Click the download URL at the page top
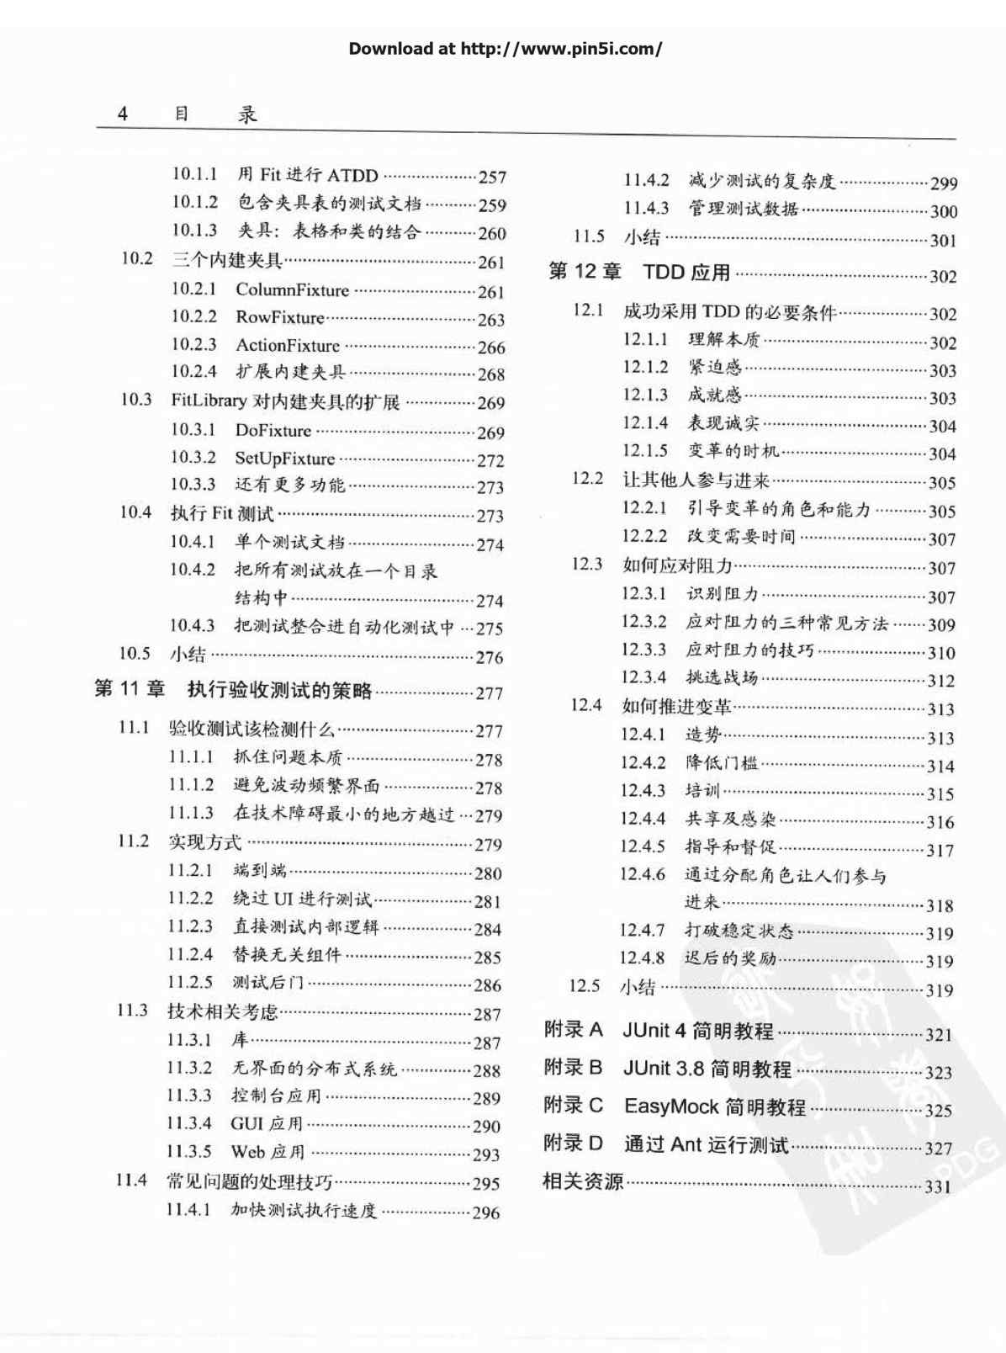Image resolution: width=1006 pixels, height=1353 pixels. pyautogui.click(x=561, y=49)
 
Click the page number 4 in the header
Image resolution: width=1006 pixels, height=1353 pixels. pyautogui.click(x=123, y=114)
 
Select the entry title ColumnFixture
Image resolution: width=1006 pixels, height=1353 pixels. pyautogui.click(x=292, y=290)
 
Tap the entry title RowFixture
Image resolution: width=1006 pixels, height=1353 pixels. pyautogui.click(x=279, y=318)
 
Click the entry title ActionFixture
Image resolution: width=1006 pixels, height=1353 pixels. pyautogui.click(x=288, y=346)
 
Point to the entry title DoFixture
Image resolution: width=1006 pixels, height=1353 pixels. pyautogui.click(x=273, y=431)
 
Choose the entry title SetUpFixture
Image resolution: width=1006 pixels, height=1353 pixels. pyautogui.click(x=284, y=459)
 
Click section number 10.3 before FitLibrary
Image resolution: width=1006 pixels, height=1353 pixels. pyautogui.click(x=135, y=400)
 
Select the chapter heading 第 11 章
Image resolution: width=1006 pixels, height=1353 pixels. pyautogui.click(x=130, y=690)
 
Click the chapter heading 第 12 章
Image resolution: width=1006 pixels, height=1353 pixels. pyautogui.click(x=585, y=272)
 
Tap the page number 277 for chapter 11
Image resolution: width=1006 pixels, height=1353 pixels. pyautogui.click(x=489, y=693)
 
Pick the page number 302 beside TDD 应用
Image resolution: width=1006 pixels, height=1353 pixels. pyautogui.click(x=943, y=277)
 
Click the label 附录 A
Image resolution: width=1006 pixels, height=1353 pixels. pyautogui.click(x=573, y=1030)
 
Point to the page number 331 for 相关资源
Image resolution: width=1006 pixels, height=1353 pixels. pyautogui.click(x=938, y=1187)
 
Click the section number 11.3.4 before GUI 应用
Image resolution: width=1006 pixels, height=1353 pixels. pyautogui.click(x=188, y=1124)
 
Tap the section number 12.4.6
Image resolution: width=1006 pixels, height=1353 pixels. pyautogui.click(x=643, y=875)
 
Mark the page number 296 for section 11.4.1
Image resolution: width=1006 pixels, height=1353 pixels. pyautogui.click(x=485, y=1212)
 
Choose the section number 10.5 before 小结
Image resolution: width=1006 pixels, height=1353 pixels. pyautogui.click(x=134, y=654)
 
